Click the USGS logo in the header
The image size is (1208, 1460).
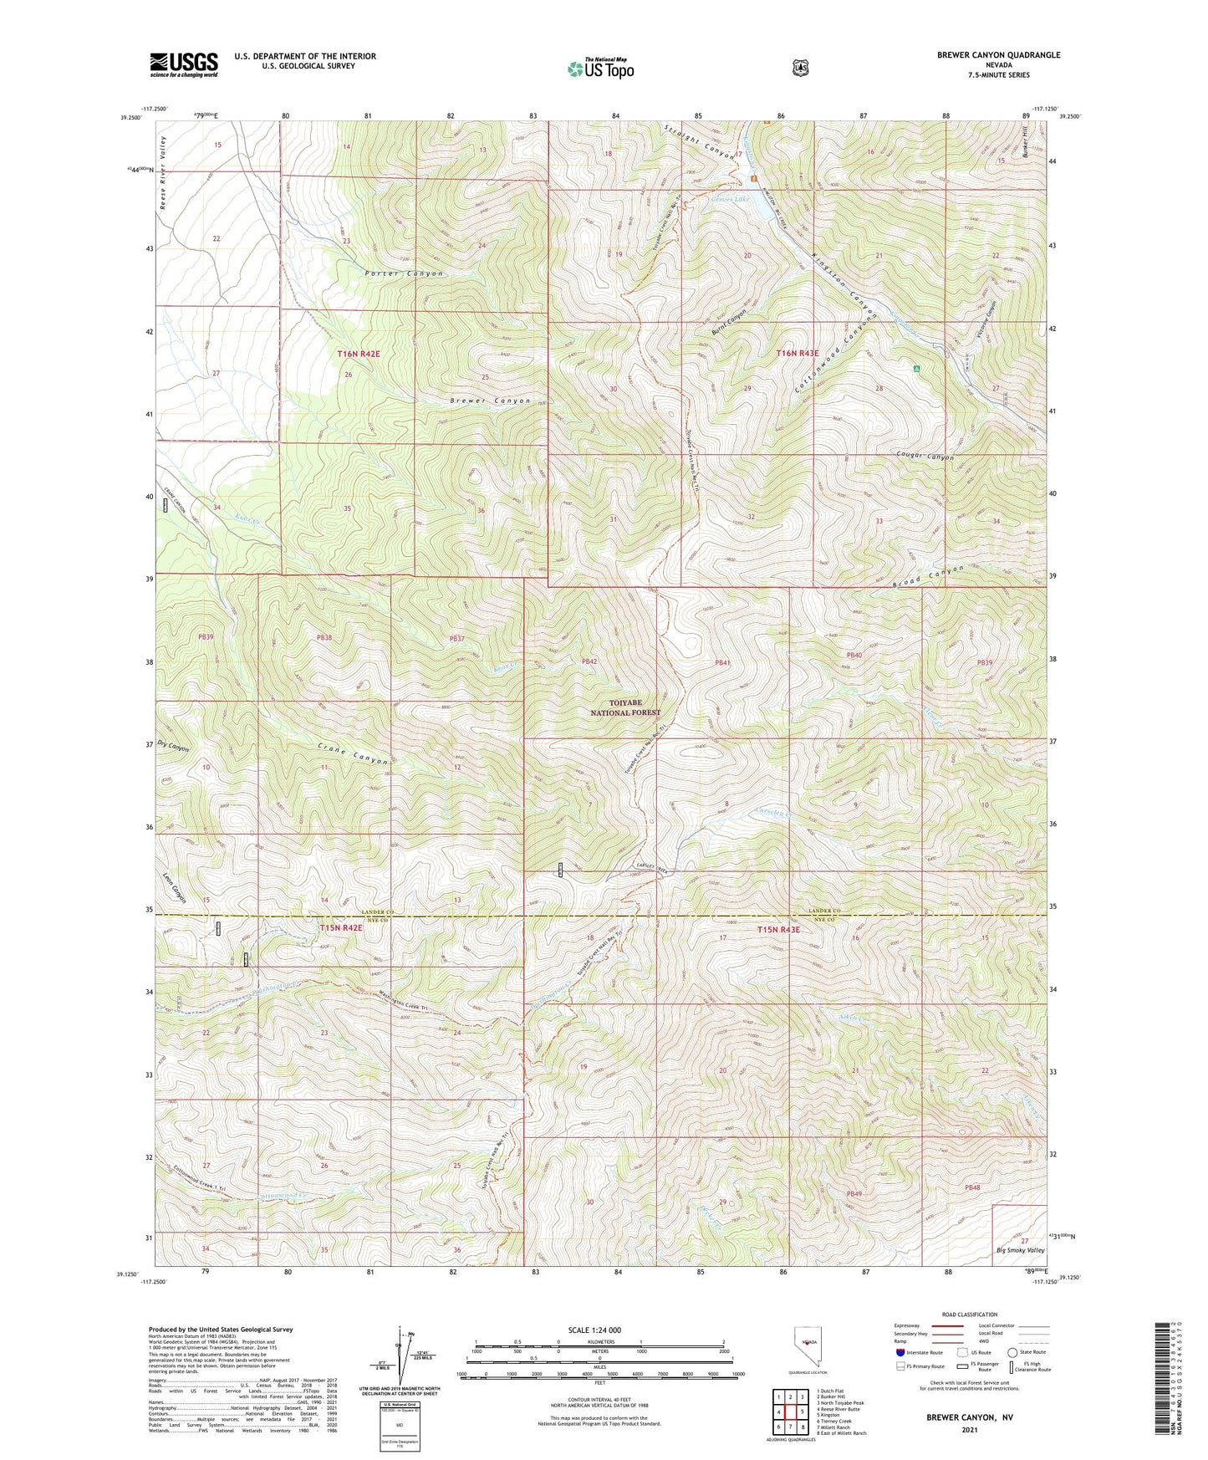[x=183, y=64]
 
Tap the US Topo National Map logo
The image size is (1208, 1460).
[x=600, y=68]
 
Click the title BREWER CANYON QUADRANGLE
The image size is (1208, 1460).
[x=998, y=55]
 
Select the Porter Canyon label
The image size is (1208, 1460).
[x=404, y=273]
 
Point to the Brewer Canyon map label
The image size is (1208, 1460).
[x=490, y=401]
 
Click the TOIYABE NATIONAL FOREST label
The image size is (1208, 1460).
[x=625, y=708]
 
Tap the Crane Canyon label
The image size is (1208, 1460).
[x=354, y=754]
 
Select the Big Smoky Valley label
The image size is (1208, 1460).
[x=1020, y=1250]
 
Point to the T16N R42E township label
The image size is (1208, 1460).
[x=359, y=354]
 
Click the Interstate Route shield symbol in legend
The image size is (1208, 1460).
[x=900, y=1352]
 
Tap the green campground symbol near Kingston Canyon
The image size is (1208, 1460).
[x=916, y=368]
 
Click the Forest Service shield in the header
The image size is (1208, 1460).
[x=800, y=68]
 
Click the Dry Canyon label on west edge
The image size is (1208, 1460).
[x=173, y=746]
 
